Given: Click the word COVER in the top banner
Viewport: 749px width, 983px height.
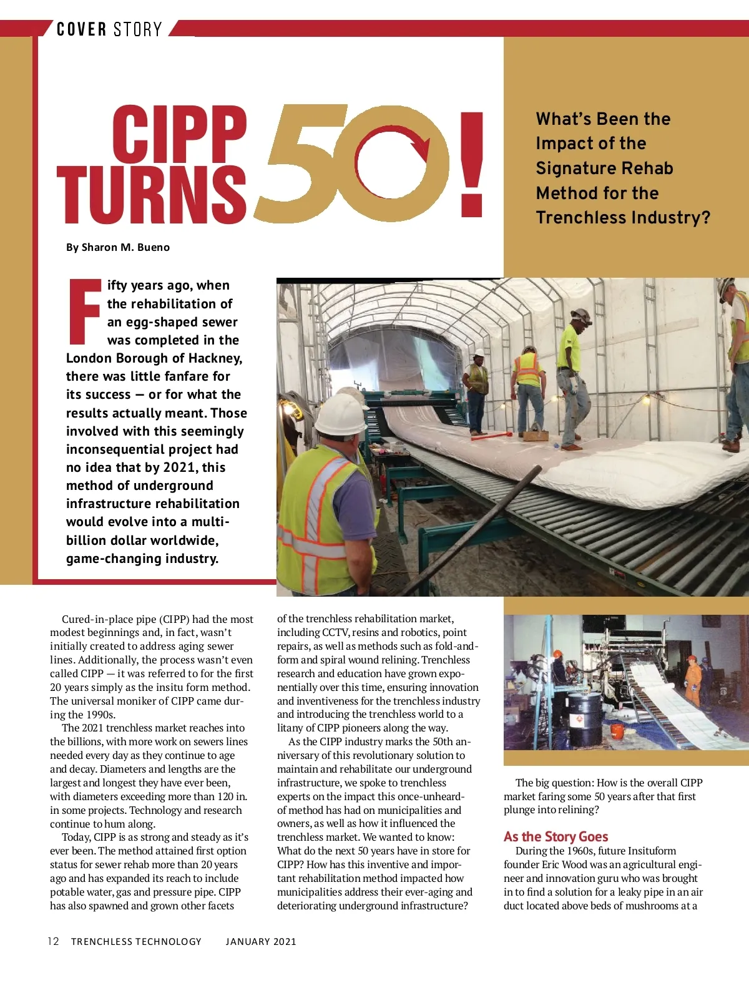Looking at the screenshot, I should point(81,29).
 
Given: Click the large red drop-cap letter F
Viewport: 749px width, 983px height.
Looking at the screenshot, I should point(84,312).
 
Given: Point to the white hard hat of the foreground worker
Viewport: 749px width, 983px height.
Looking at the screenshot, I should point(340,412).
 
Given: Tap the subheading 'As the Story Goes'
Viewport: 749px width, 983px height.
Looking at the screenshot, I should point(556,836).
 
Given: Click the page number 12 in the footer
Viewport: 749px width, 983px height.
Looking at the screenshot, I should point(54,941).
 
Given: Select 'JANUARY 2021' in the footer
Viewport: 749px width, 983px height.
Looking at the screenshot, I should point(261,941).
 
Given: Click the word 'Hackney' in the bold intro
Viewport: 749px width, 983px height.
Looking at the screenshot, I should point(214,358).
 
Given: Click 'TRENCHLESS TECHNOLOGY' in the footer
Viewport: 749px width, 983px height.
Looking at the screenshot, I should point(136,941).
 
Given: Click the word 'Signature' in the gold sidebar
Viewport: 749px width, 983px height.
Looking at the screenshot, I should point(575,169).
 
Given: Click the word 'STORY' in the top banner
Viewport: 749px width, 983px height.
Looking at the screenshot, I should point(137,29).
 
